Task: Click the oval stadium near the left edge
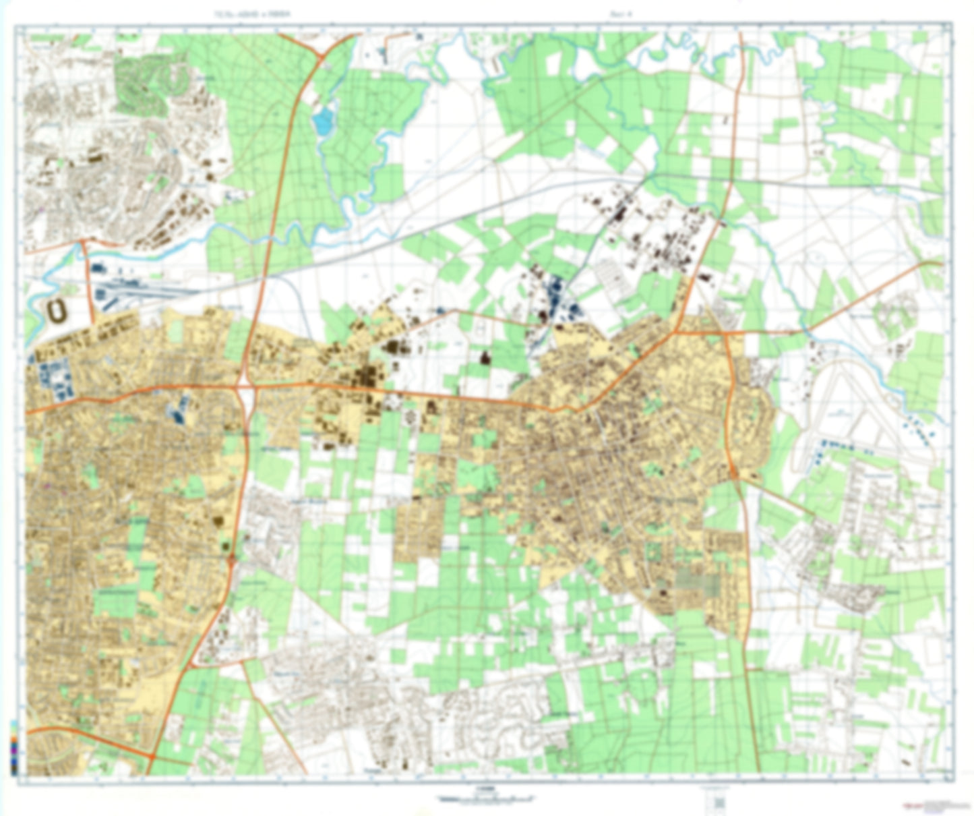click(x=57, y=311)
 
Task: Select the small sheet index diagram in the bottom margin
click(x=719, y=802)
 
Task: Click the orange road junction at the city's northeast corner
click(x=676, y=332)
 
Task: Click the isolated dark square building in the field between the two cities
click(x=484, y=357)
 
